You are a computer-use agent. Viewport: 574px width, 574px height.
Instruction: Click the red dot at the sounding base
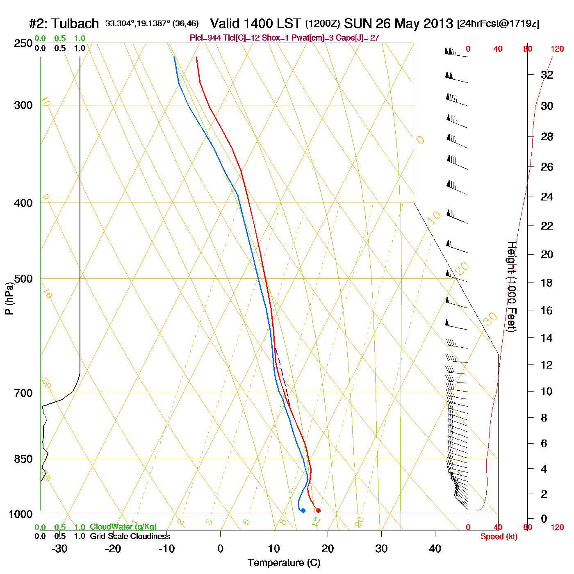pos(318,510)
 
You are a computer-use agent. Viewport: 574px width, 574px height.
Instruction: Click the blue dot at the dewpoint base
pos(303,510)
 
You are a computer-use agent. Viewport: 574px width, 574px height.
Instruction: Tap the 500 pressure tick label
pos(23,279)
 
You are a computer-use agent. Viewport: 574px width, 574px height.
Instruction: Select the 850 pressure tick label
pos(23,459)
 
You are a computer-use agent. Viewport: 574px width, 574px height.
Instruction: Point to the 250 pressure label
pos(23,43)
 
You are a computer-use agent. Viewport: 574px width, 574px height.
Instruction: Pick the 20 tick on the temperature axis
pos(328,549)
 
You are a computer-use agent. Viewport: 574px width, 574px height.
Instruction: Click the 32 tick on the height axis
pos(547,75)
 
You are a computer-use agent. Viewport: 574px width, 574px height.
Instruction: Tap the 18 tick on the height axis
pos(547,282)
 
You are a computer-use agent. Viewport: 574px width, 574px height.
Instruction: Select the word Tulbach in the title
pos(75,23)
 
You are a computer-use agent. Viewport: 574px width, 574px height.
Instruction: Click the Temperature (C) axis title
pos(284,563)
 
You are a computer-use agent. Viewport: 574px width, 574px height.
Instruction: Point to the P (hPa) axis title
pos(9,298)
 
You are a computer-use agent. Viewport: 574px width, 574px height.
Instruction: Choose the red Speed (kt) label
pos(499,537)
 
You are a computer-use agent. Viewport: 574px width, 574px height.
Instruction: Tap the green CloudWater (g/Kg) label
pos(123,527)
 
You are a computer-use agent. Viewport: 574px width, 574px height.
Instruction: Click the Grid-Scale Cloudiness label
pos(130,536)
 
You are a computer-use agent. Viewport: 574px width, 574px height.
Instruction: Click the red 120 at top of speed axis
pos(557,49)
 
